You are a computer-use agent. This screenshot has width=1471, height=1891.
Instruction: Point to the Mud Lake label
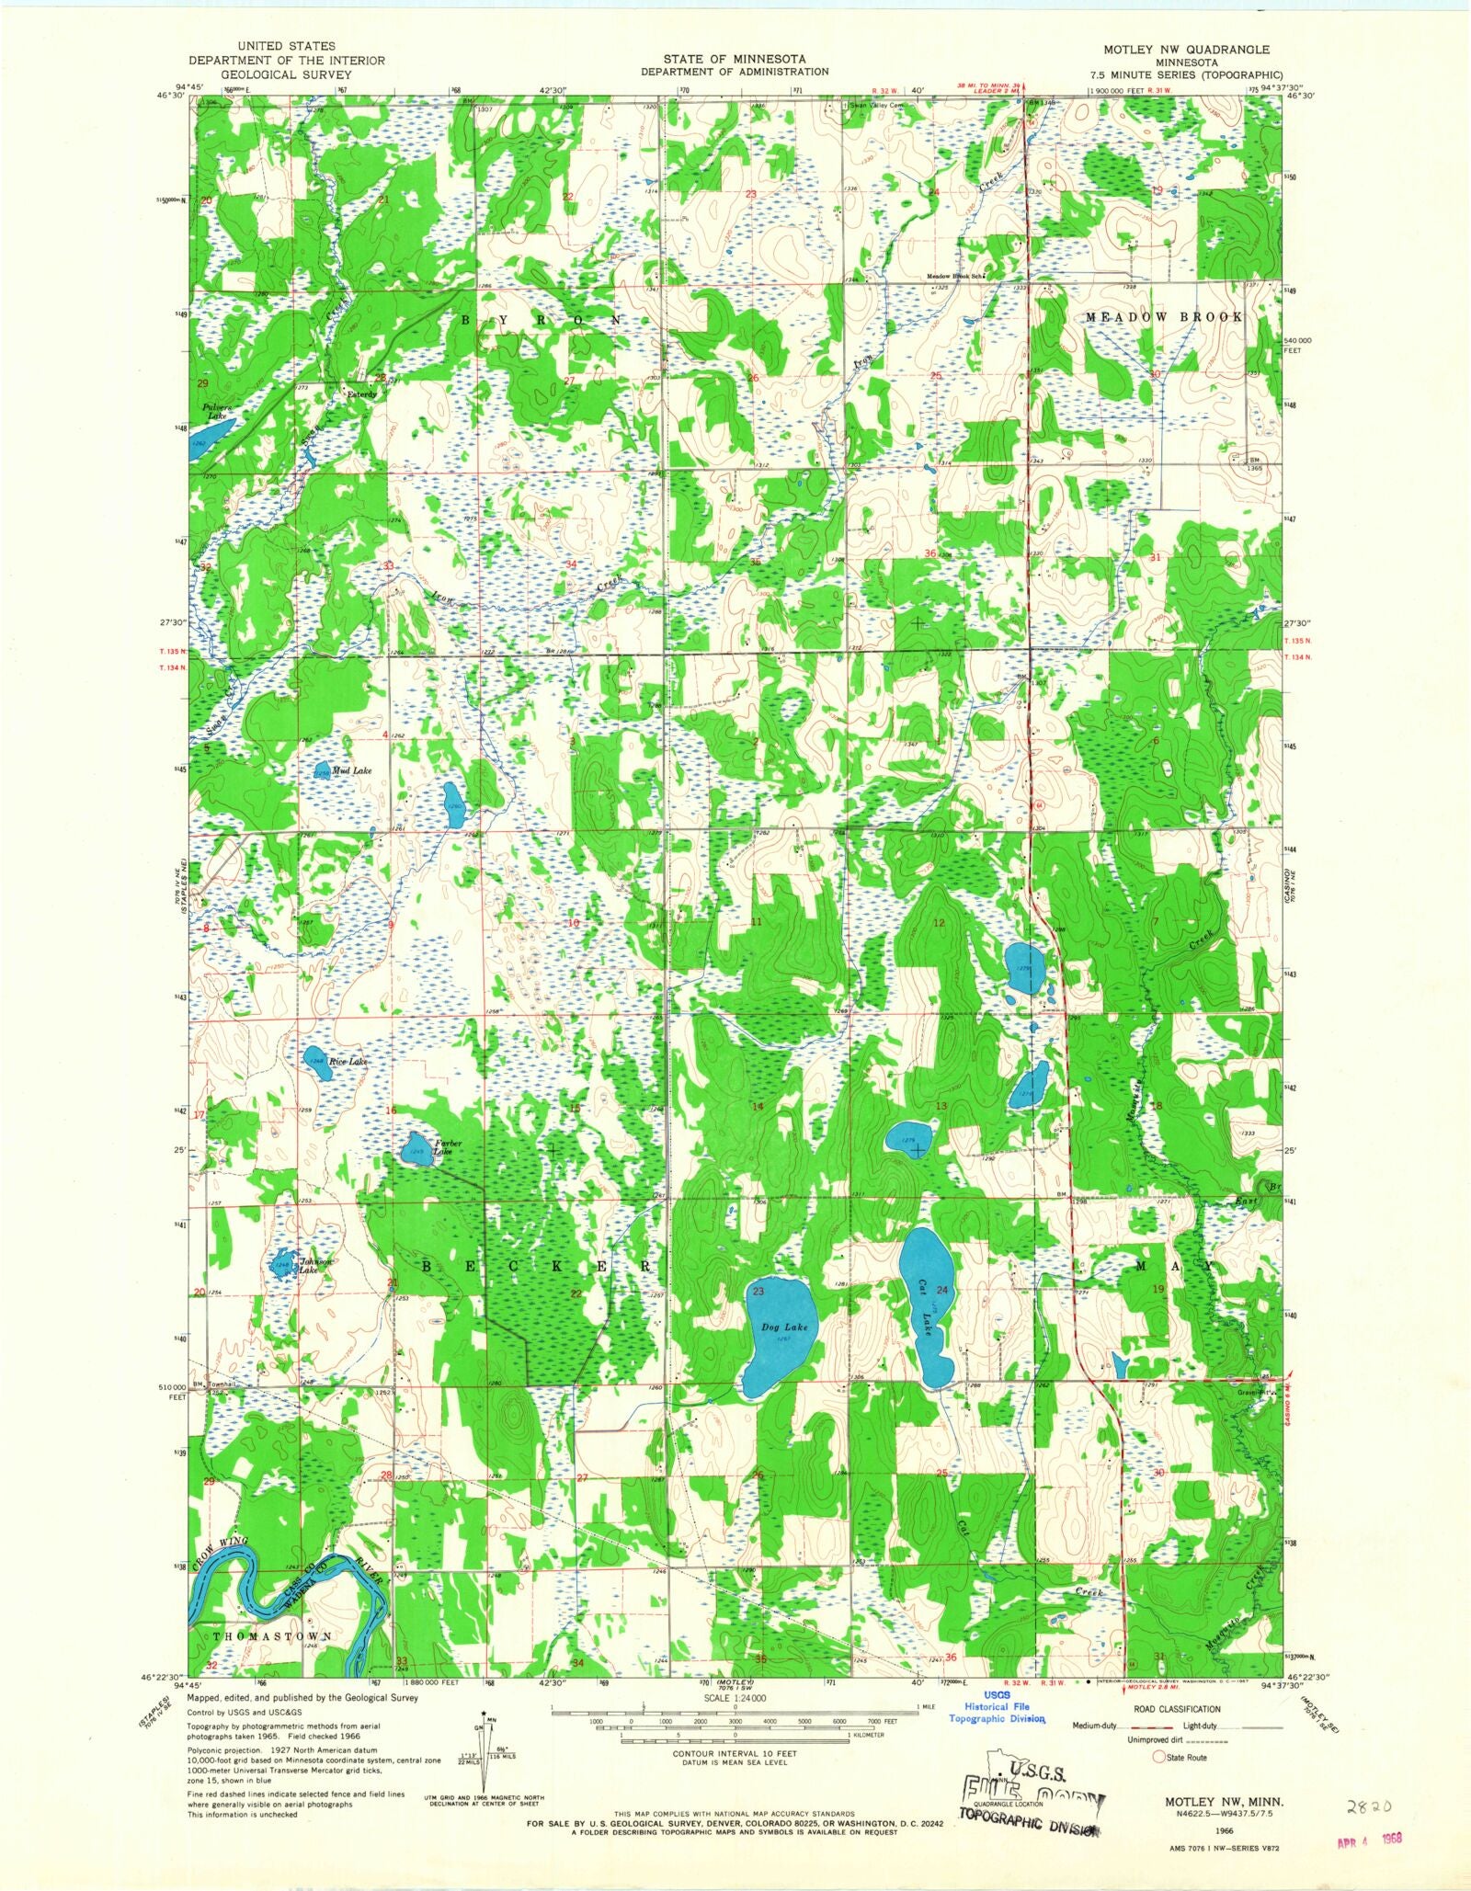(351, 770)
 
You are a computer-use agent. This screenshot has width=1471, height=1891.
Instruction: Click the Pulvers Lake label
(217, 411)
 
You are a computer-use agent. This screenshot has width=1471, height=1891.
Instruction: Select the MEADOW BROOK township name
(1163, 316)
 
